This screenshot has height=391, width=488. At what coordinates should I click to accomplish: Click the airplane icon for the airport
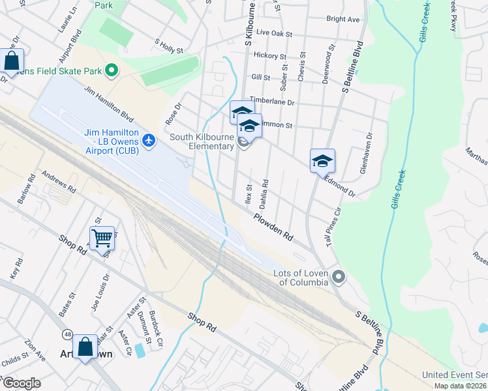149,140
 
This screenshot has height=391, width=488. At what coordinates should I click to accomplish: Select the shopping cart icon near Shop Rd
102,239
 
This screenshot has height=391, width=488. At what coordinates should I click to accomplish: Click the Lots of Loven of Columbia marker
338,278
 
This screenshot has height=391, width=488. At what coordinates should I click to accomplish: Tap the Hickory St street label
270,57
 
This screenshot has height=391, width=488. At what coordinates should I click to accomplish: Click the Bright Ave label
343,20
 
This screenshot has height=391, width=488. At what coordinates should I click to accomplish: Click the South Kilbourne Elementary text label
202,141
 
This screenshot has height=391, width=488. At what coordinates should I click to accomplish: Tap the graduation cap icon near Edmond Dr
322,161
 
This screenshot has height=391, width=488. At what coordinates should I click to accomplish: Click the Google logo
22,383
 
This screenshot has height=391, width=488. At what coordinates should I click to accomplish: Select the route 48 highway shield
68,334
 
